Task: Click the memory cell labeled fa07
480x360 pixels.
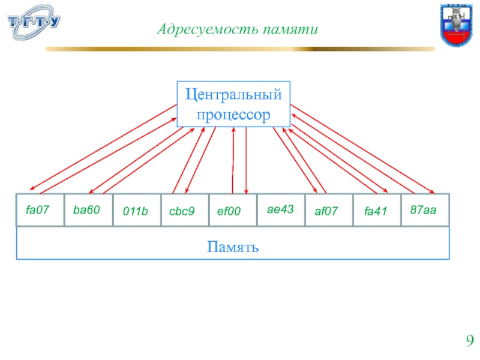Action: (40, 210)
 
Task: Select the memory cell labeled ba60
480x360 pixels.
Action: (88, 210)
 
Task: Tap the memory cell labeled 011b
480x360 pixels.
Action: (136, 211)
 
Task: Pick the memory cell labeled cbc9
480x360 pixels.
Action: (184, 211)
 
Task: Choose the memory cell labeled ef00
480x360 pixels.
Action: (232, 211)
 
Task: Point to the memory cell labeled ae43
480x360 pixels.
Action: (280, 210)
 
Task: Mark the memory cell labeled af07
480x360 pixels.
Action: (328, 211)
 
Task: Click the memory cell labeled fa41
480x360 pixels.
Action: (376, 211)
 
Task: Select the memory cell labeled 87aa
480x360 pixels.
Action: (425, 210)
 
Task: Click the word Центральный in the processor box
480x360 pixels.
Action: (233, 95)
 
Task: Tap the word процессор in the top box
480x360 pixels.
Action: (233, 114)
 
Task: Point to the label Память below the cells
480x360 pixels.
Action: (233, 246)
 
